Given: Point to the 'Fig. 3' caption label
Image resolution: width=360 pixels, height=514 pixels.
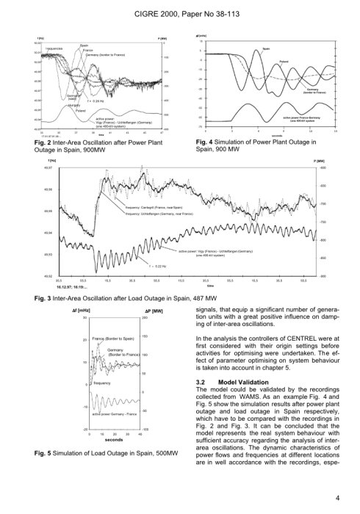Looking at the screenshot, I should (53, 299).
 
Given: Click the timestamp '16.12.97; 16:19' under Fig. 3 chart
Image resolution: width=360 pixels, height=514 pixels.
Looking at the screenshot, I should (61, 288).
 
